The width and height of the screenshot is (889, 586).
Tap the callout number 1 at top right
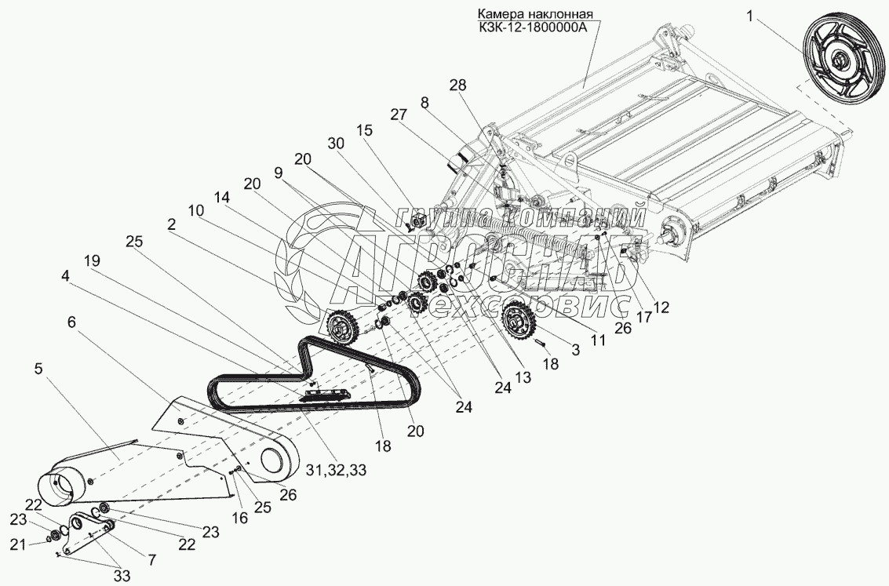pyautogui.click(x=749, y=17)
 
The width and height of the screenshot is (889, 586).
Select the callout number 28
pyautogui.click(x=457, y=85)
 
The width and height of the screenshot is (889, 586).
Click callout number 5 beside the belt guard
pyautogui.click(x=38, y=369)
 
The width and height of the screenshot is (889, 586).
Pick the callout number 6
pyautogui.click(x=71, y=322)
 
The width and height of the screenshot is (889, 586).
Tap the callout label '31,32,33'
pyautogui.click(x=336, y=469)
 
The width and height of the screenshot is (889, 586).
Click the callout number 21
pyautogui.click(x=20, y=545)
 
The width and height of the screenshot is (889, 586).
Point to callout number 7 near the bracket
pyautogui.click(x=151, y=560)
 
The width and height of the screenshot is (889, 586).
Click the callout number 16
pyautogui.click(x=240, y=518)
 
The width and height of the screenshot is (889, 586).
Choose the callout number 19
pyautogui.click(x=92, y=260)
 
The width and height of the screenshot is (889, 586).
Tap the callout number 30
pyautogui.click(x=336, y=144)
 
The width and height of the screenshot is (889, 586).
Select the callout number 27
pyautogui.click(x=398, y=115)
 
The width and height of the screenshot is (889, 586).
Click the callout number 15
pyautogui.click(x=365, y=130)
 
